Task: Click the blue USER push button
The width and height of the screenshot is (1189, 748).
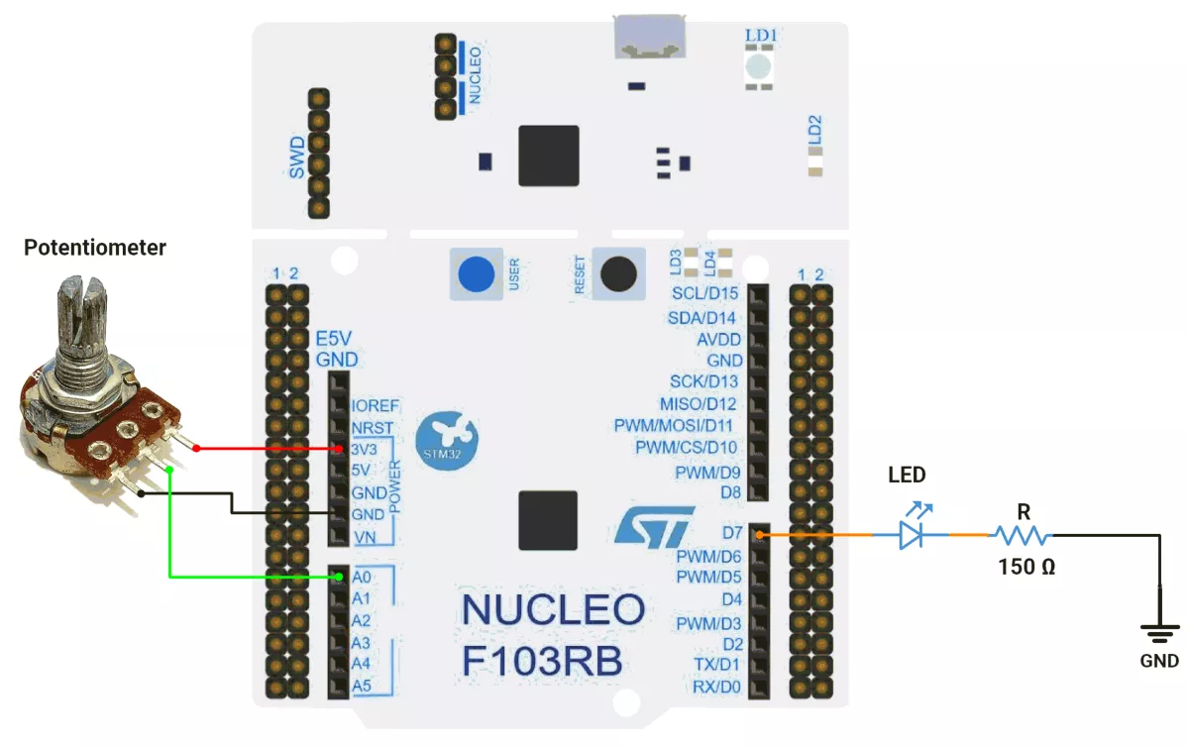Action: pyautogui.click(x=477, y=273)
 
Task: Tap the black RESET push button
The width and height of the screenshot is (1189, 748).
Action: pyautogui.click(x=618, y=273)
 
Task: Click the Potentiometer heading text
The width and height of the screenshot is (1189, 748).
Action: pyautogui.click(x=95, y=248)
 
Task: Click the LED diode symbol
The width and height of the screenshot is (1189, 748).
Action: pyautogui.click(x=912, y=535)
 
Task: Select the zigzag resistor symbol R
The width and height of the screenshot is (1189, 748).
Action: pyautogui.click(x=1023, y=536)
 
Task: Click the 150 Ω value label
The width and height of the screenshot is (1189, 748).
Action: pyautogui.click(x=1027, y=567)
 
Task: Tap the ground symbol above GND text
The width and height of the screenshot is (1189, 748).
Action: pyautogui.click(x=1160, y=633)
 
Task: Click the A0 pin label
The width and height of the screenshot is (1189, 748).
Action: pyautogui.click(x=362, y=577)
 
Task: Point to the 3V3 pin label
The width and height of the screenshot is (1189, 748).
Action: pyautogui.click(x=365, y=449)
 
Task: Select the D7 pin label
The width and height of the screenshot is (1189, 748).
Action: pyautogui.click(x=732, y=532)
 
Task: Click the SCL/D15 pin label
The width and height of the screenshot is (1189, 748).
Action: pyautogui.click(x=704, y=293)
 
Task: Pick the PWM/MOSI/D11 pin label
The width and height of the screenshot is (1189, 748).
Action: pyautogui.click(x=673, y=425)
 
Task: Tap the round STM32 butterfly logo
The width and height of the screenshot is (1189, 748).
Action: pyautogui.click(x=447, y=441)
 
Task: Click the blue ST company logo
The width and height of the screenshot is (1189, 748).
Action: pyautogui.click(x=655, y=527)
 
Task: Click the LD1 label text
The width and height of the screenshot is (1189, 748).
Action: pyautogui.click(x=761, y=36)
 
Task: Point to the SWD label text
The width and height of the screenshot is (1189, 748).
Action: pyautogui.click(x=296, y=158)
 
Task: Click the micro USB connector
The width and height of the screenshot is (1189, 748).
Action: pyautogui.click(x=649, y=37)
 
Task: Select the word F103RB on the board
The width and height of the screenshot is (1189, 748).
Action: pyautogui.click(x=542, y=661)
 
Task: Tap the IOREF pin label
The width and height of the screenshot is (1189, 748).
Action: pyautogui.click(x=376, y=405)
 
